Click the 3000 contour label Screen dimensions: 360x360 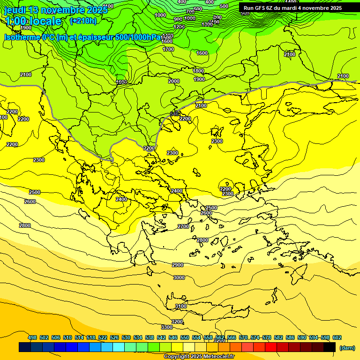(179, 277)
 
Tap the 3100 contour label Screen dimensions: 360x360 (181, 306)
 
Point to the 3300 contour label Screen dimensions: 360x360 (167, 327)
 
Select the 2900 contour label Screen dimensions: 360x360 (178, 265)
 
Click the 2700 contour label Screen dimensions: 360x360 (183, 226)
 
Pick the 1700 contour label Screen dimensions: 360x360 (168, 49)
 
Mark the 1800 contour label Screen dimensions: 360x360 (199, 71)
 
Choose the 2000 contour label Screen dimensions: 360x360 (174, 81)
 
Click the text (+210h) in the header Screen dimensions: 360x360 (83, 21)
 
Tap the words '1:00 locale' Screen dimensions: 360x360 (33, 22)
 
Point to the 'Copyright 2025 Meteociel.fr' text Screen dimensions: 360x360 (199, 357)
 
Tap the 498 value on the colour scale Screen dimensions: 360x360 (32, 337)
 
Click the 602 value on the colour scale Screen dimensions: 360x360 (337, 337)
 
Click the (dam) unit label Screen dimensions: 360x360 (347, 348)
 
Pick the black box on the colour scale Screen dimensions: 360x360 (330, 347)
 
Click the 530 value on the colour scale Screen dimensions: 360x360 (126, 337)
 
